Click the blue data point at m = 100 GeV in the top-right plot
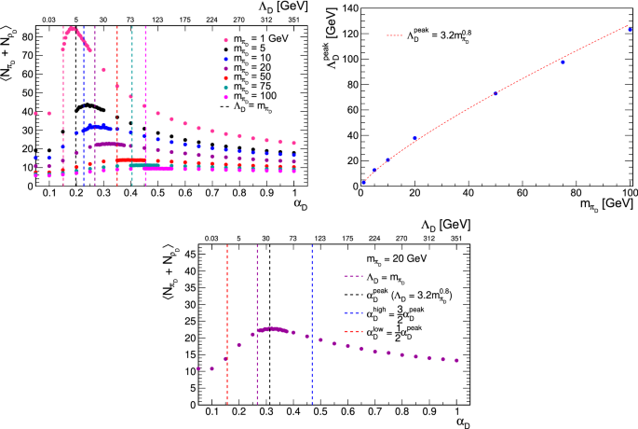(x=630, y=29)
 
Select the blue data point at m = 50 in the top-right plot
(x=495, y=93)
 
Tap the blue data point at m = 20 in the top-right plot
(x=414, y=138)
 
